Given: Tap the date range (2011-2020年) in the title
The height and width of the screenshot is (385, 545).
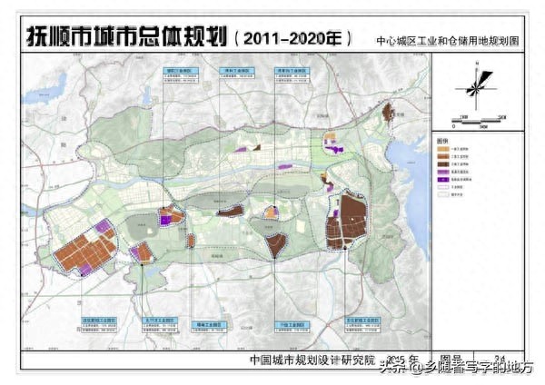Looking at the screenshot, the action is pyautogui.click(x=292, y=39).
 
